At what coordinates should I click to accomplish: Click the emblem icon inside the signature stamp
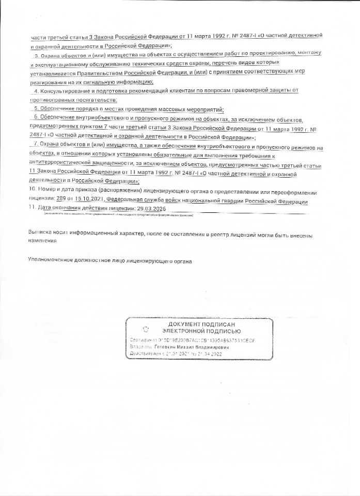point(146,328)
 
